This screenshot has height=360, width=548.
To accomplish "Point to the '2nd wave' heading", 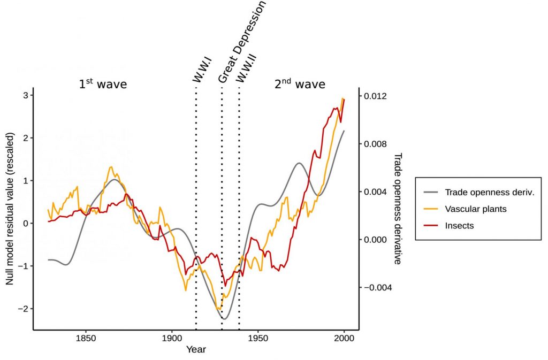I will (x=299, y=84).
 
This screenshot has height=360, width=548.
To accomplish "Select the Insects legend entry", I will (x=459, y=225).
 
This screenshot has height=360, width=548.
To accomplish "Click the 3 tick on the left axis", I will (x=25, y=95).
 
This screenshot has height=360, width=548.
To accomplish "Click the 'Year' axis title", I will (x=195, y=350).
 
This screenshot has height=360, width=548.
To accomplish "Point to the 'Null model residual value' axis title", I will (x=10, y=209).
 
